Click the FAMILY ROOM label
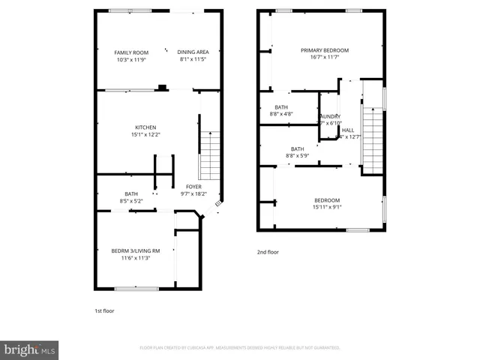[x=131, y=52]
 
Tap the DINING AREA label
[x=193, y=52]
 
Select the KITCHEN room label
[x=145, y=127]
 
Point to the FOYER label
[x=193, y=187]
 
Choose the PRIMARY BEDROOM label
[x=325, y=50]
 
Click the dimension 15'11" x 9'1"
[x=327, y=208]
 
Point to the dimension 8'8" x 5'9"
[x=297, y=156]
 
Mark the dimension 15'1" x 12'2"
[x=145, y=135]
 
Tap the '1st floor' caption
[x=104, y=310]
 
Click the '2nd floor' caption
[x=268, y=252]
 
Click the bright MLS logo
[x=30, y=349]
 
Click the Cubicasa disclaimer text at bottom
[x=240, y=348]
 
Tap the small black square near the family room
[x=161, y=88]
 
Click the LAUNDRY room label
[x=330, y=117]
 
